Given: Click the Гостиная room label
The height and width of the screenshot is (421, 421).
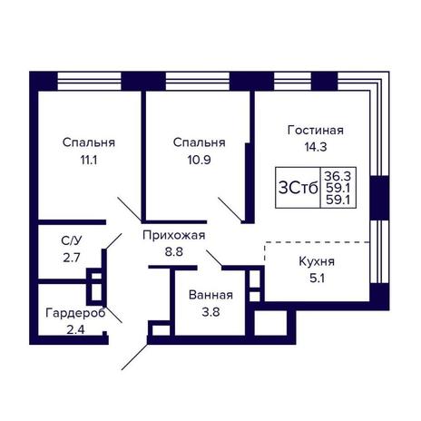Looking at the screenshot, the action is (x=316, y=131).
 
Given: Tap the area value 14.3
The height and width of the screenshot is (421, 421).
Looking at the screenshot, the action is (x=316, y=147).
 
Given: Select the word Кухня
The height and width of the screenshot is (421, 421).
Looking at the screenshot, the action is (x=317, y=261).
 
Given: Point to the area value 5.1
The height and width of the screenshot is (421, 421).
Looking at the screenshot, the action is (x=317, y=278).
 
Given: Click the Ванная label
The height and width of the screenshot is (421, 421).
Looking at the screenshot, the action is (x=210, y=295).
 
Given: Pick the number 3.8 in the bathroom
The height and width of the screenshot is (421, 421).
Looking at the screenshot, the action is (x=210, y=312).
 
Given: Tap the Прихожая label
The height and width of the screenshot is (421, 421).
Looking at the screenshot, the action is (x=173, y=235).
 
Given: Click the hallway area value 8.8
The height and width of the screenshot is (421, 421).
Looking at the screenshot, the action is (x=173, y=251).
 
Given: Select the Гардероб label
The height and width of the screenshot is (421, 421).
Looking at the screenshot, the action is (x=75, y=313).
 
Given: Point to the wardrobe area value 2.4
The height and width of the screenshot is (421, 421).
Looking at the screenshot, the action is (x=75, y=329).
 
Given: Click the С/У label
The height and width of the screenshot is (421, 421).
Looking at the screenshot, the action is (x=72, y=241).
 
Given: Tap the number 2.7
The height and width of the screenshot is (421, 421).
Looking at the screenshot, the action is (x=72, y=258).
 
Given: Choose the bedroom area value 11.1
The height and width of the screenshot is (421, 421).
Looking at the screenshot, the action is (x=89, y=160).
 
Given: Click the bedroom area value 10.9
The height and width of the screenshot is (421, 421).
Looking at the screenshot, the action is (x=199, y=160).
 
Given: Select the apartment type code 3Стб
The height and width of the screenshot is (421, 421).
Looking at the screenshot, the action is (x=299, y=189).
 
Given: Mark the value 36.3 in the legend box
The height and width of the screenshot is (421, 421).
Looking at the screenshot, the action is (x=338, y=176).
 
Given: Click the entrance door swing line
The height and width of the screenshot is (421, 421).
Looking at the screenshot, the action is (x=134, y=357).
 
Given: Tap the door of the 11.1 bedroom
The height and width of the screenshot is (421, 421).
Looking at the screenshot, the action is (x=130, y=209).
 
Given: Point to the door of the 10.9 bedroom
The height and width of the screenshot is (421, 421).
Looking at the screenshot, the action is (x=230, y=210).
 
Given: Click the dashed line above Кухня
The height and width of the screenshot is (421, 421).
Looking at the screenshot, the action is (x=318, y=242).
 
